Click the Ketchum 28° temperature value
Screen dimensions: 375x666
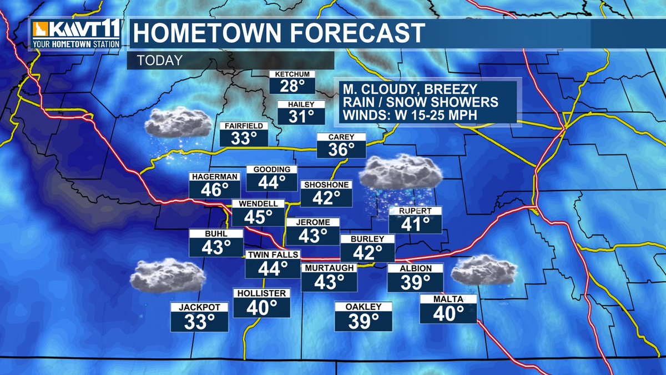[x=292, y=86]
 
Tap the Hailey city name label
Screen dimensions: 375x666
[x=301, y=104]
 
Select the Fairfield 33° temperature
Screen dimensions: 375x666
[x=241, y=137]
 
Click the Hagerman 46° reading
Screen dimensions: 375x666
[x=211, y=189]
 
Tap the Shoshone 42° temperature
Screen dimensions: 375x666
[x=326, y=198]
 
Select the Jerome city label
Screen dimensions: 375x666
[x=312, y=222]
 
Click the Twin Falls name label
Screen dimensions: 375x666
[x=273, y=254]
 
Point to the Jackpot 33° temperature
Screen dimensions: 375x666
[x=200, y=321]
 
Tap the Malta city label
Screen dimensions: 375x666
[x=448, y=299]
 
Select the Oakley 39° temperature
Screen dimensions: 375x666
[x=364, y=321]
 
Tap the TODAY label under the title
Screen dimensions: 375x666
[x=159, y=61]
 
